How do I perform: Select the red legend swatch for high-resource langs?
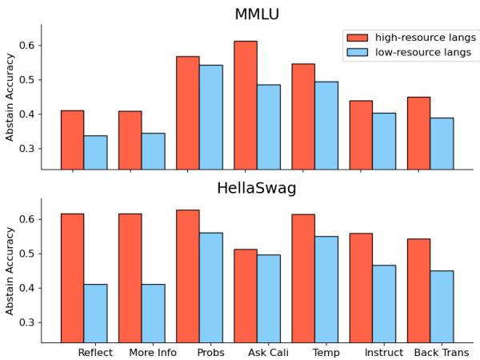coord(358,38)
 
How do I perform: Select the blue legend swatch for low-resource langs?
coord(358,52)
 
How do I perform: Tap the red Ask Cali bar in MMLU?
coord(246,105)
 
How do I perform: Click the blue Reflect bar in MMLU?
coord(95,152)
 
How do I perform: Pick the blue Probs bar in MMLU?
coord(211,117)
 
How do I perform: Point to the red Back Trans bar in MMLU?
coord(418,133)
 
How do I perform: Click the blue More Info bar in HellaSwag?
coord(153,313)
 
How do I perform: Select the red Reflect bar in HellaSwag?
coord(72,278)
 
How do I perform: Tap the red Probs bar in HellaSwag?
coord(188,276)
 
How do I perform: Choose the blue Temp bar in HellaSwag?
coord(326,289)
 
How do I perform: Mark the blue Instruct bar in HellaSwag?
coord(384,303)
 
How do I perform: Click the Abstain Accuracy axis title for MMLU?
coord(10,97)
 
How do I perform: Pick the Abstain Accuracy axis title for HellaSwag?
coord(10,270)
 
